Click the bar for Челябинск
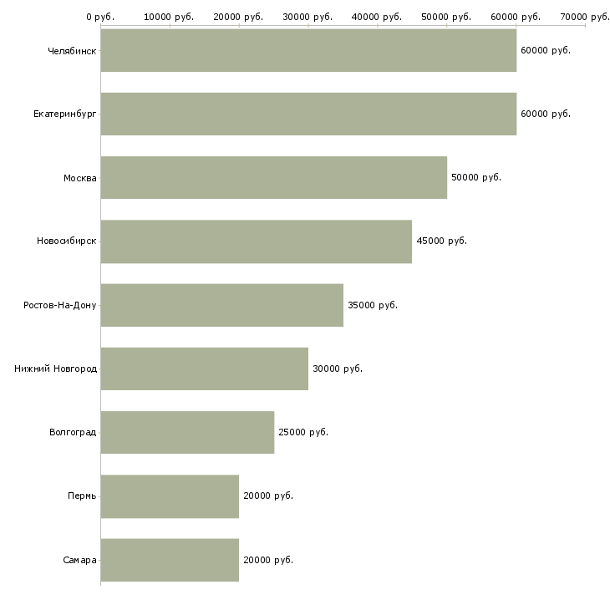point(308,50)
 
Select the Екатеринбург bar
point(308,114)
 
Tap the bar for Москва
point(274,177)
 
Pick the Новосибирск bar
point(257,241)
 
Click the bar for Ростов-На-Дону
point(222,305)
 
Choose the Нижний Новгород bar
point(205,369)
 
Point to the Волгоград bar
point(187,432)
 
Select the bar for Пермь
point(170,496)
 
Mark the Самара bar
point(170,560)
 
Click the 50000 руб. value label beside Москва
point(476,177)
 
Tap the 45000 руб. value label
point(441,241)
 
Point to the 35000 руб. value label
point(373,305)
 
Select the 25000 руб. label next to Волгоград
point(303,432)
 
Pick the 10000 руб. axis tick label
point(169,17)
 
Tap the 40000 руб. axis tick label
point(377,17)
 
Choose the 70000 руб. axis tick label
point(585,17)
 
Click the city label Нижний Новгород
point(56,369)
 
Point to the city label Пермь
point(82,496)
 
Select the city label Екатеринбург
point(65,114)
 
